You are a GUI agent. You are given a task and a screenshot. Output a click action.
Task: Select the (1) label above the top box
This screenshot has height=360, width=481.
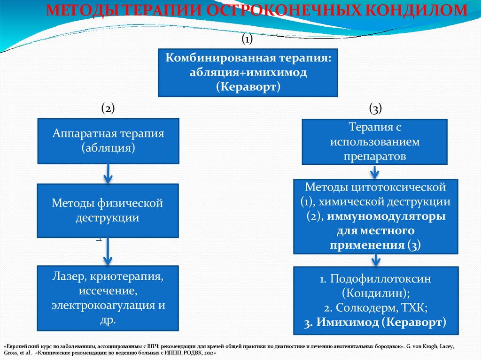coord(247,39)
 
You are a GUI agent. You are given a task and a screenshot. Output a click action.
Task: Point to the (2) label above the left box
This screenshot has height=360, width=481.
coord(108,108)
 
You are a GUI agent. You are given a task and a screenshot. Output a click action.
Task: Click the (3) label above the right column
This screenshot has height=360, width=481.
coord(375,108)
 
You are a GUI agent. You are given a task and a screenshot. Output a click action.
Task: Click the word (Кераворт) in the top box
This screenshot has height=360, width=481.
coord(248,87)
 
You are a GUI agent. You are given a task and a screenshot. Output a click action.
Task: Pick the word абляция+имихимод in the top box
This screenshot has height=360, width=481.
coord(248,73)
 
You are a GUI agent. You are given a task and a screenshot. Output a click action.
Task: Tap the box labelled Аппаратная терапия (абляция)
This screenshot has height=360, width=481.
coord(108,141)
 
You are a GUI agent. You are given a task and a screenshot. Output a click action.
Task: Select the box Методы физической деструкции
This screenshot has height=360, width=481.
coord(108,210)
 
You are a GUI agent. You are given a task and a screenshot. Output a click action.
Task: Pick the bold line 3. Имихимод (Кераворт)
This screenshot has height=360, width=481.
coord(374,322)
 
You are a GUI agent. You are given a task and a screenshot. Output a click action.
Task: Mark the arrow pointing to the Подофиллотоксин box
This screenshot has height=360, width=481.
coord(375,260)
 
